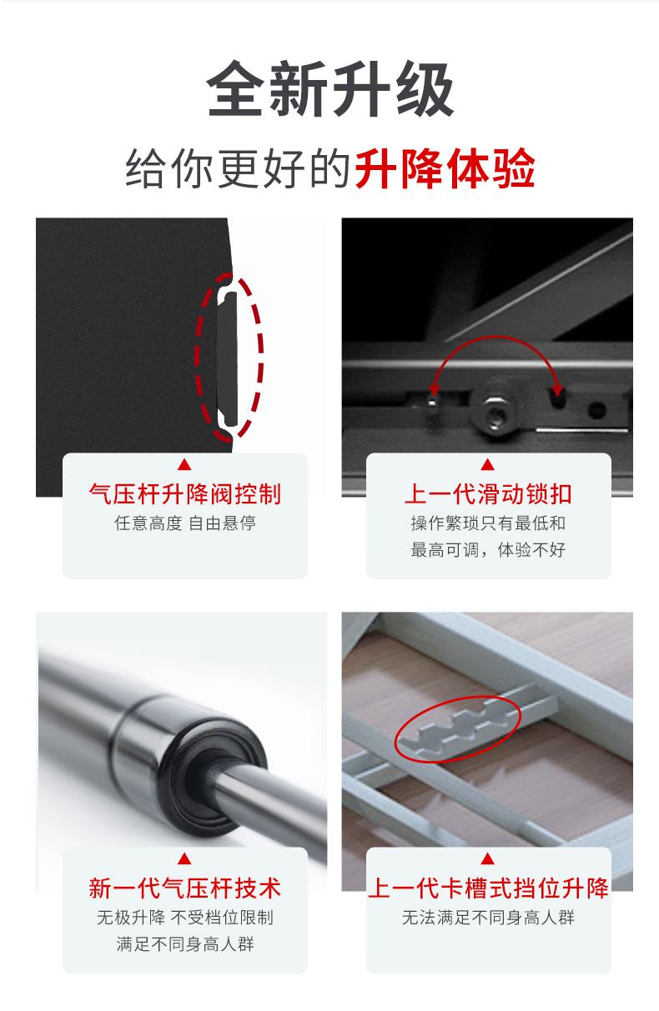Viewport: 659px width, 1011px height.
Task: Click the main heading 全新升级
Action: (x=329, y=89)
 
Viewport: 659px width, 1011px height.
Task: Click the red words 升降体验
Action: (x=445, y=168)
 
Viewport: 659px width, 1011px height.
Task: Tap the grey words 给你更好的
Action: (x=238, y=168)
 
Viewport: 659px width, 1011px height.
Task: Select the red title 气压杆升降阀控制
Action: (x=184, y=493)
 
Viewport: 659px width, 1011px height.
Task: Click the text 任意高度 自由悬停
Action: (x=185, y=523)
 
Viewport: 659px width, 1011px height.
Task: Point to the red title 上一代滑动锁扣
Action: (x=488, y=493)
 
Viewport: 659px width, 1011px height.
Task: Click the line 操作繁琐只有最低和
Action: (x=488, y=523)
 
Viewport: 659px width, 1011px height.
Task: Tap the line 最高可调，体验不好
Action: (x=488, y=550)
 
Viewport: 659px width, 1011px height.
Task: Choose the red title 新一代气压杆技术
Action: (x=184, y=888)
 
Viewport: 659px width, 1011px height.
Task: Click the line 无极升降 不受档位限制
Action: (x=185, y=917)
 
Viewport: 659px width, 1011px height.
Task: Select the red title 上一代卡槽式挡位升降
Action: (x=488, y=888)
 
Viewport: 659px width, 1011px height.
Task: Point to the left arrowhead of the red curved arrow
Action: (x=434, y=389)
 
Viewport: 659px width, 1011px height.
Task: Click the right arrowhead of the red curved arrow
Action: (x=557, y=389)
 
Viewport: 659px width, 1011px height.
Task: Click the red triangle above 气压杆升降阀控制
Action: (x=184, y=464)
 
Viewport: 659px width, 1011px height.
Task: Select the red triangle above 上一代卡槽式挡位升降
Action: (x=488, y=858)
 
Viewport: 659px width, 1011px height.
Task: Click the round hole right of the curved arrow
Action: (x=597, y=410)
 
